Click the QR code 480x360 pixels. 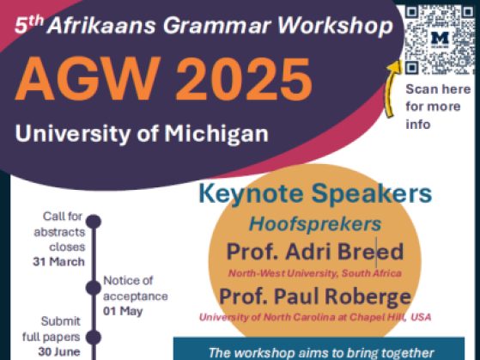click(x=440, y=40)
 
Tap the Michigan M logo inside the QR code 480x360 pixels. click(x=440, y=40)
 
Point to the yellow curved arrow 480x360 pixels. click(x=392, y=88)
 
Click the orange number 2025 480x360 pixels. click(x=244, y=79)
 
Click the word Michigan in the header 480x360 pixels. click(x=216, y=134)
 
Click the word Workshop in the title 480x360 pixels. click(x=335, y=26)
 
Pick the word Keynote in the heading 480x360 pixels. click(x=251, y=193)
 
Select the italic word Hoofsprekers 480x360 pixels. click(x=315, y=224)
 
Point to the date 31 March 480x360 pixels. click(x=58, y=262)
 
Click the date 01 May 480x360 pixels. click(x=123, y=311)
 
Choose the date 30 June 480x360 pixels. click(x=59, y=351)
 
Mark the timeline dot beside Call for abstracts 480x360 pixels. click(x=94, y=221)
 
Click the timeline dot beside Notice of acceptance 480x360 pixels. click(x=94, y=288)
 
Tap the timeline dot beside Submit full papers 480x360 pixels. click(x=94, y=337)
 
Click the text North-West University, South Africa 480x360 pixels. click(x=315, y=273)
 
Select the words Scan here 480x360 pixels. click(x=438, y=89)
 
